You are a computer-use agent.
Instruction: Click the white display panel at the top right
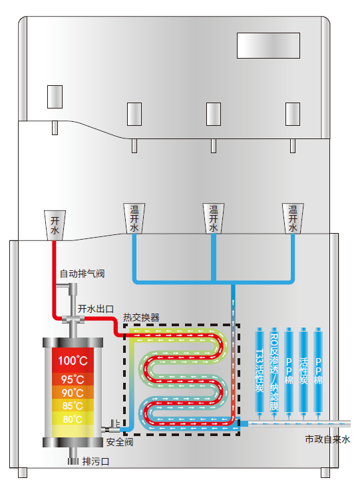(268, 46)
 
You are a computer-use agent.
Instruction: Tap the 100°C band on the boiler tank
(73, 360)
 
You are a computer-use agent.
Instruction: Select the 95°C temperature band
(73, 379)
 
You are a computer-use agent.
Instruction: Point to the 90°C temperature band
(73, 392)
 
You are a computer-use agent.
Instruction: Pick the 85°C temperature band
(73, 405)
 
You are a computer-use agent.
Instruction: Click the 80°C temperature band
(73, 419)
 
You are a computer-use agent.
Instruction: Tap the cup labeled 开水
(55, 225)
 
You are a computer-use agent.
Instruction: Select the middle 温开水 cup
(214, 218)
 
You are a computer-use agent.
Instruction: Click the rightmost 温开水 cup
(293, 218)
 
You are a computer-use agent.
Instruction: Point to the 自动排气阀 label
(82, 274)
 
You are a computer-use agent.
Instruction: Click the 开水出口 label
(96, 309)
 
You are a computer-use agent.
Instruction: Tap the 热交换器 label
(141, 318)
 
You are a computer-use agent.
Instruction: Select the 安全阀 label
(120, 442)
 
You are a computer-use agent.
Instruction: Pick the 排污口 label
(96, 461)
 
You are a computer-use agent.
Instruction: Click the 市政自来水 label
(327, 439)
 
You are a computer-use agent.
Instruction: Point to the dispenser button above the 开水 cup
(55, 97)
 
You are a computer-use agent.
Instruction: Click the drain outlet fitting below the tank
(73, 461)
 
